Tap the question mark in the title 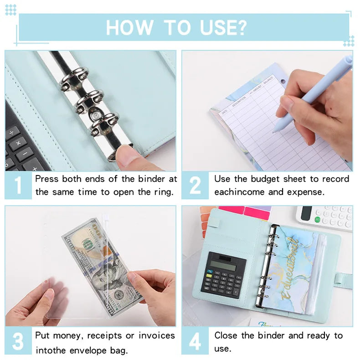[x=240, y=27]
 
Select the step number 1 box [x=18, y=186]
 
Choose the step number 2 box [x=195, y=186]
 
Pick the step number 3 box [x=18, y=342]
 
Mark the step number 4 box [x=195, y=342]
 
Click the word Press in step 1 [x=46, y=179]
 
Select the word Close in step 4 [x=226, y=336]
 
